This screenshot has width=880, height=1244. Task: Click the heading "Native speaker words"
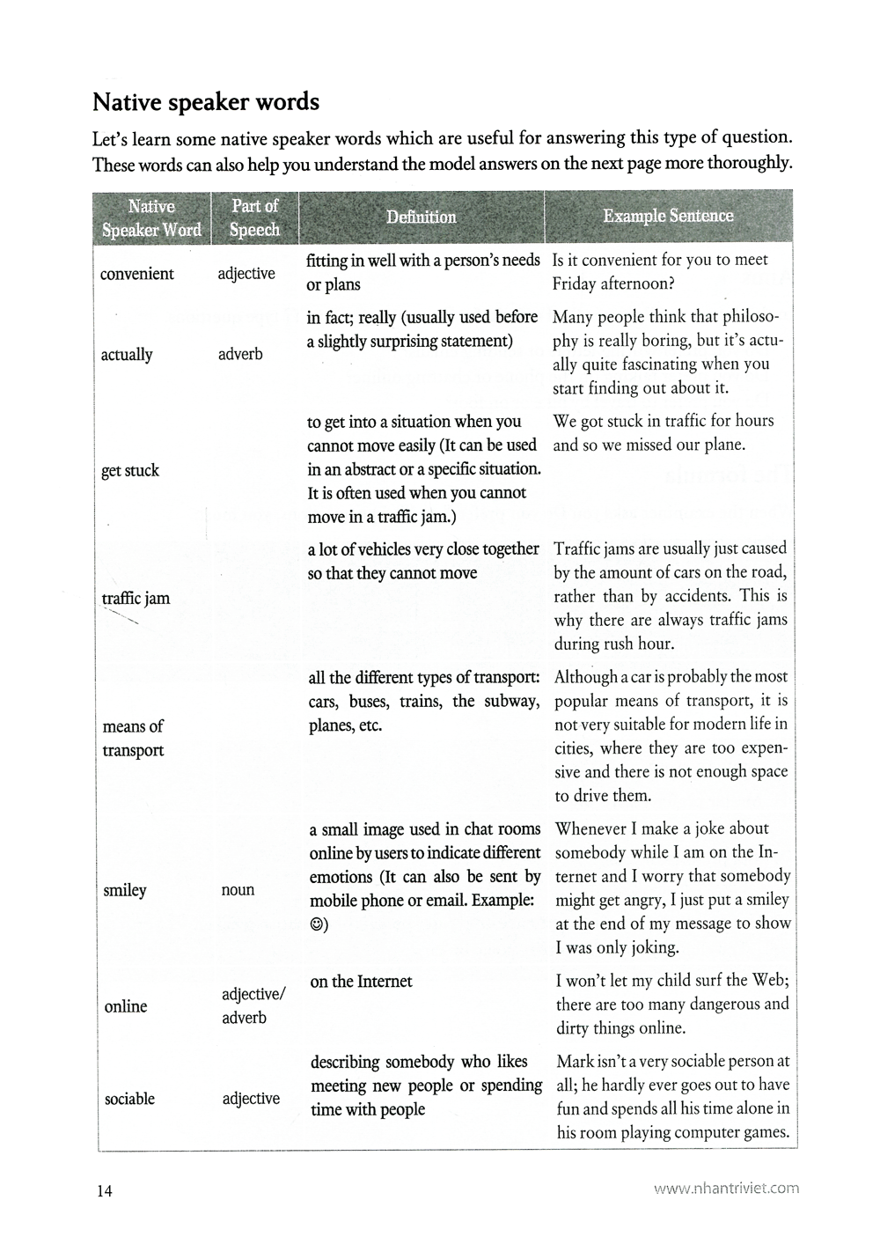tap(206, 102)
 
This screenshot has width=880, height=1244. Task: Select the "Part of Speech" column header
tap(254, 217)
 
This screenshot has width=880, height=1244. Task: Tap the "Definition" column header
tap(421, 217)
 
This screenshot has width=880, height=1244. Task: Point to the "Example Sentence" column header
tap(668, 216)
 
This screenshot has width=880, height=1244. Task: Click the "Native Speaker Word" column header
tap(151, 218)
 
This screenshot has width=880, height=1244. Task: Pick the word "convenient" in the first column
tap(137, 274)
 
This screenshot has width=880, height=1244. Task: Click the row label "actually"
tap(127, 355)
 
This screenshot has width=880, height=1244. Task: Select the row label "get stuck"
tap(130, 470)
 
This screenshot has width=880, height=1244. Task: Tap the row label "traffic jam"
tap(136, 599)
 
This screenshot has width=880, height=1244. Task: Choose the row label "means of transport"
tap(133, 738)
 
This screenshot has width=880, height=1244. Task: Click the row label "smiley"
tap(125, 890)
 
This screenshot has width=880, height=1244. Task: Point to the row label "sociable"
tap(129, 1099)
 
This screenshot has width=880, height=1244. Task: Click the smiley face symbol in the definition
tap(317, 924)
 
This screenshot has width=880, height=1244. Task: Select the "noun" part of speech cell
tap(238, 890)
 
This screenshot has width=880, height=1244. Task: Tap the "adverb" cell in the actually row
tap(240, 355)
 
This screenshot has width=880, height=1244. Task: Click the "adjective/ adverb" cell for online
tap(253, 1005)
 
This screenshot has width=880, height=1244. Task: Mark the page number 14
tap(105, 1191)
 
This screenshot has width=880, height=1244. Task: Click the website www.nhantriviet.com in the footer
tap(726, 1188)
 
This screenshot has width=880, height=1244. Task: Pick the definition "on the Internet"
tap(361, 982)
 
